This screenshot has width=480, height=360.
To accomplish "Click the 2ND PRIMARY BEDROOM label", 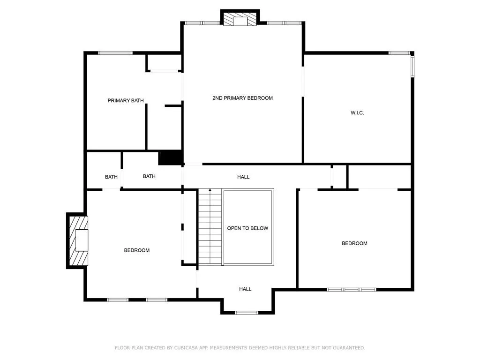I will [242, 98].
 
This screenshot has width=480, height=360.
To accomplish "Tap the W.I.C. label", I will [357, 113].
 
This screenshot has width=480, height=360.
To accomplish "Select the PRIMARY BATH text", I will [126, 100].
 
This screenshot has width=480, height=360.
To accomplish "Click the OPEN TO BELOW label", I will [247, 228].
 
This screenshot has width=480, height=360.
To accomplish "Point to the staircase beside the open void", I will [210, 227].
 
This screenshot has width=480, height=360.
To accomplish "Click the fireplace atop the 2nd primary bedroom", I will [240, 19].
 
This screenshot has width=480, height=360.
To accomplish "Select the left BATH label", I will [111, 177].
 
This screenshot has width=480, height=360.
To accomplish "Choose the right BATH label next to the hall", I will [149, 176].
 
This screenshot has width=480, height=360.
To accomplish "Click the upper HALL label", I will [243, 177].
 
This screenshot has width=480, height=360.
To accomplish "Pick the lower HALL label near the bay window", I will [245, 289].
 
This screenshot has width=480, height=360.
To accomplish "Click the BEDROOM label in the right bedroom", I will [354, 243].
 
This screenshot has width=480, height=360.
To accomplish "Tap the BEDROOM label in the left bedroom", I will [137, 250].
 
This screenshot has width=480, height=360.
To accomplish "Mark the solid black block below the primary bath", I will [170, 157].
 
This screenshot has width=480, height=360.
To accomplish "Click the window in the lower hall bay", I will [247, 313].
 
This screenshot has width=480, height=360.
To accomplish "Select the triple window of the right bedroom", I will [352, 290].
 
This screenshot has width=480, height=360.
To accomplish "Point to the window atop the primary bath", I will [115, 53].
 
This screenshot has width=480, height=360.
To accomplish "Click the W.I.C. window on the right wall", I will [412, 67].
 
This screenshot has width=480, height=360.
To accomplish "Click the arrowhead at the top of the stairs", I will [210, 190].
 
